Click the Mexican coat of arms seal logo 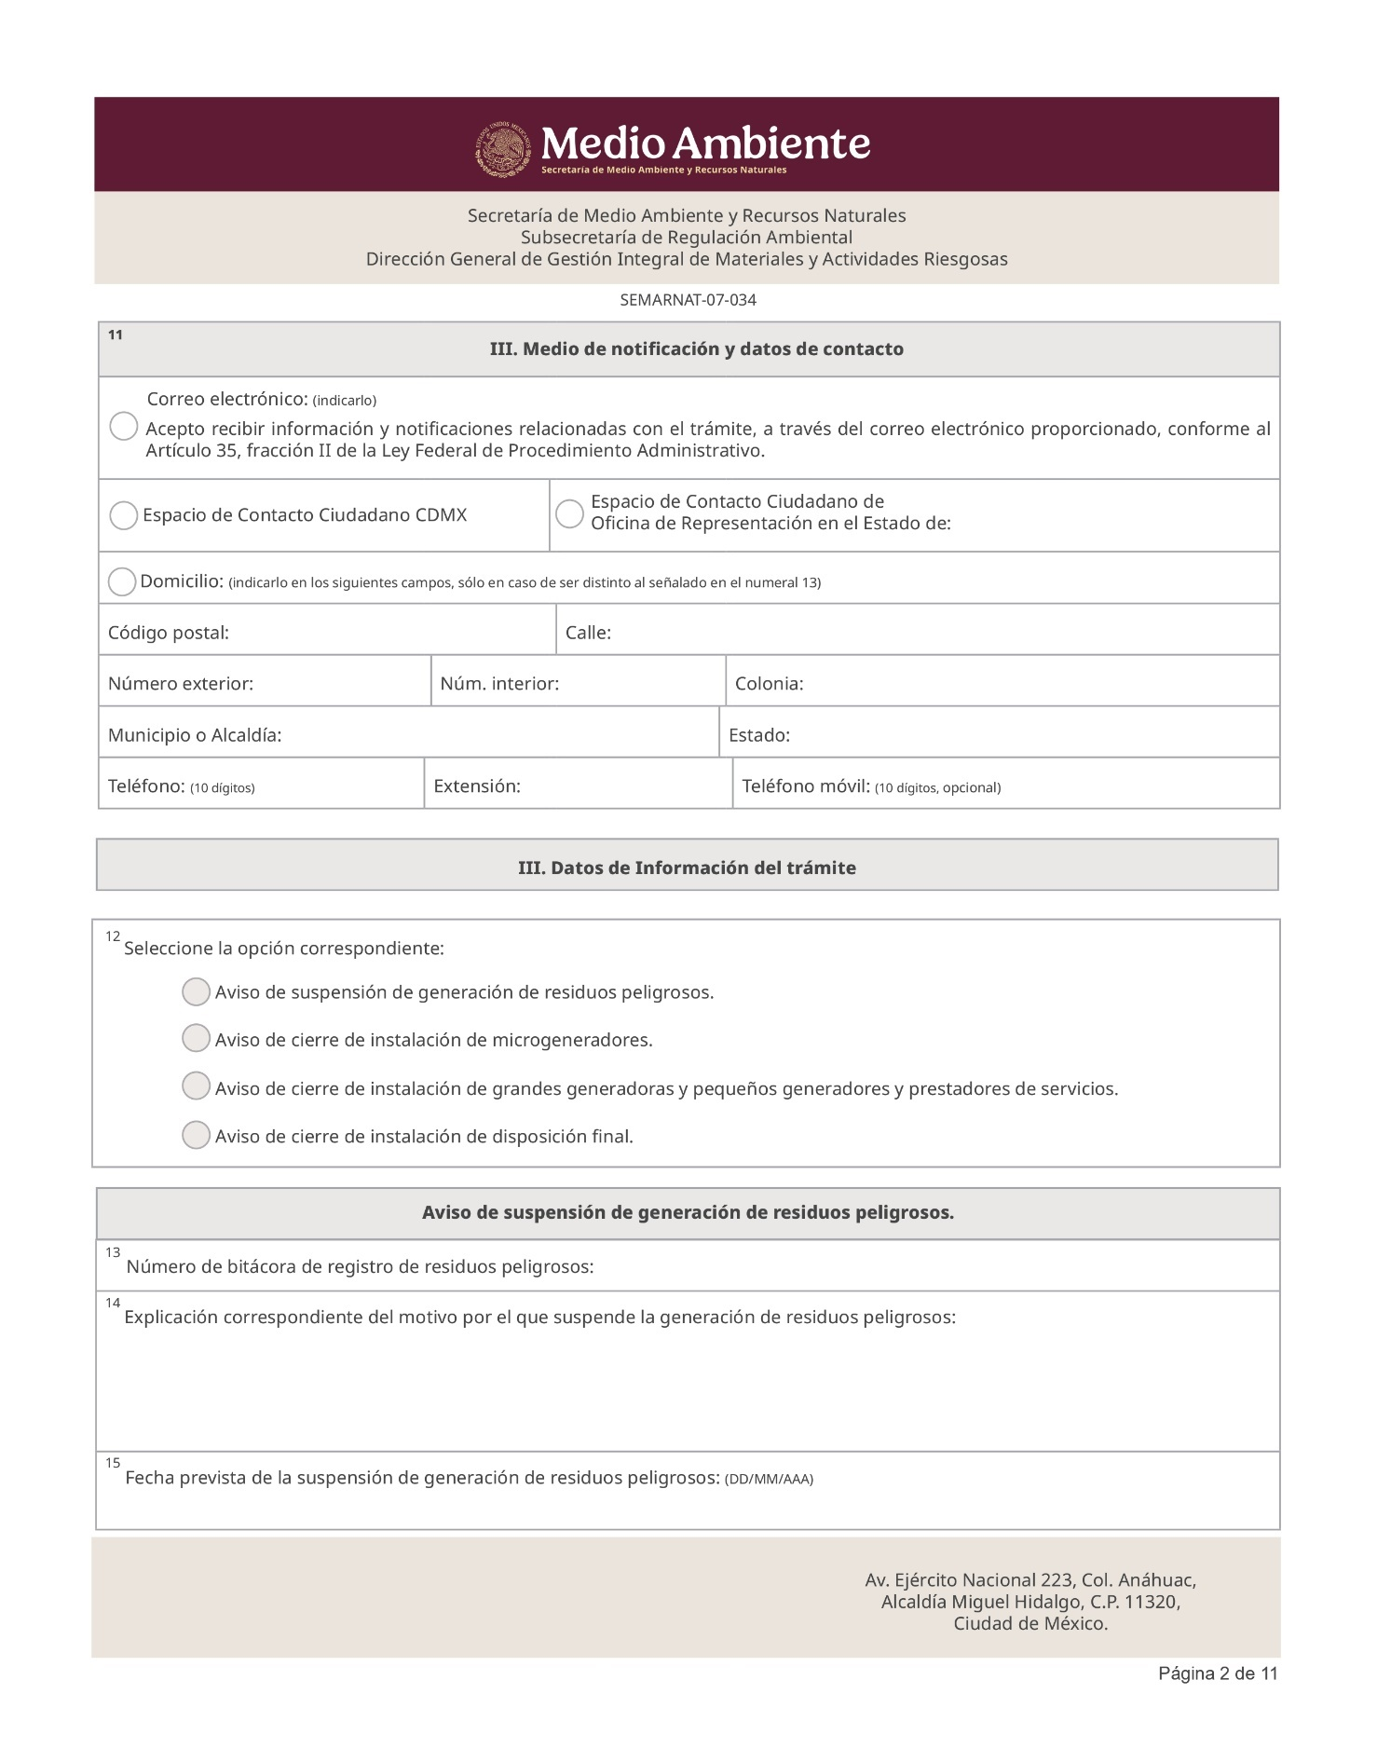pos(504,149)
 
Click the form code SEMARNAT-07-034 pos(688,300)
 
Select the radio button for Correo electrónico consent pos(123,427)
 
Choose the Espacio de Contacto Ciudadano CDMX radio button pos(123,515)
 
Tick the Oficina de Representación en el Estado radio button pos(569,513)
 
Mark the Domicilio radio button pos(122,581)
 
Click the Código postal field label pos(169,633)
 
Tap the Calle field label pos(588,633)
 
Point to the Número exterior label pos(181,684)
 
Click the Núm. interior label pos(499,684)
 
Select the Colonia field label pos(769,684)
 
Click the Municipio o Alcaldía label pos(195,735)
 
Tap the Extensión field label pos(477,786)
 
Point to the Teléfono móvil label pos(806,786)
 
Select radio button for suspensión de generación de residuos pos(196,991)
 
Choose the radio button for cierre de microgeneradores pos(196,1038)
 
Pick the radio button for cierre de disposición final pos(196,1135)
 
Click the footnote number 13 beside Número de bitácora pos(113,1252)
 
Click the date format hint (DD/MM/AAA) pos(769,1479)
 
